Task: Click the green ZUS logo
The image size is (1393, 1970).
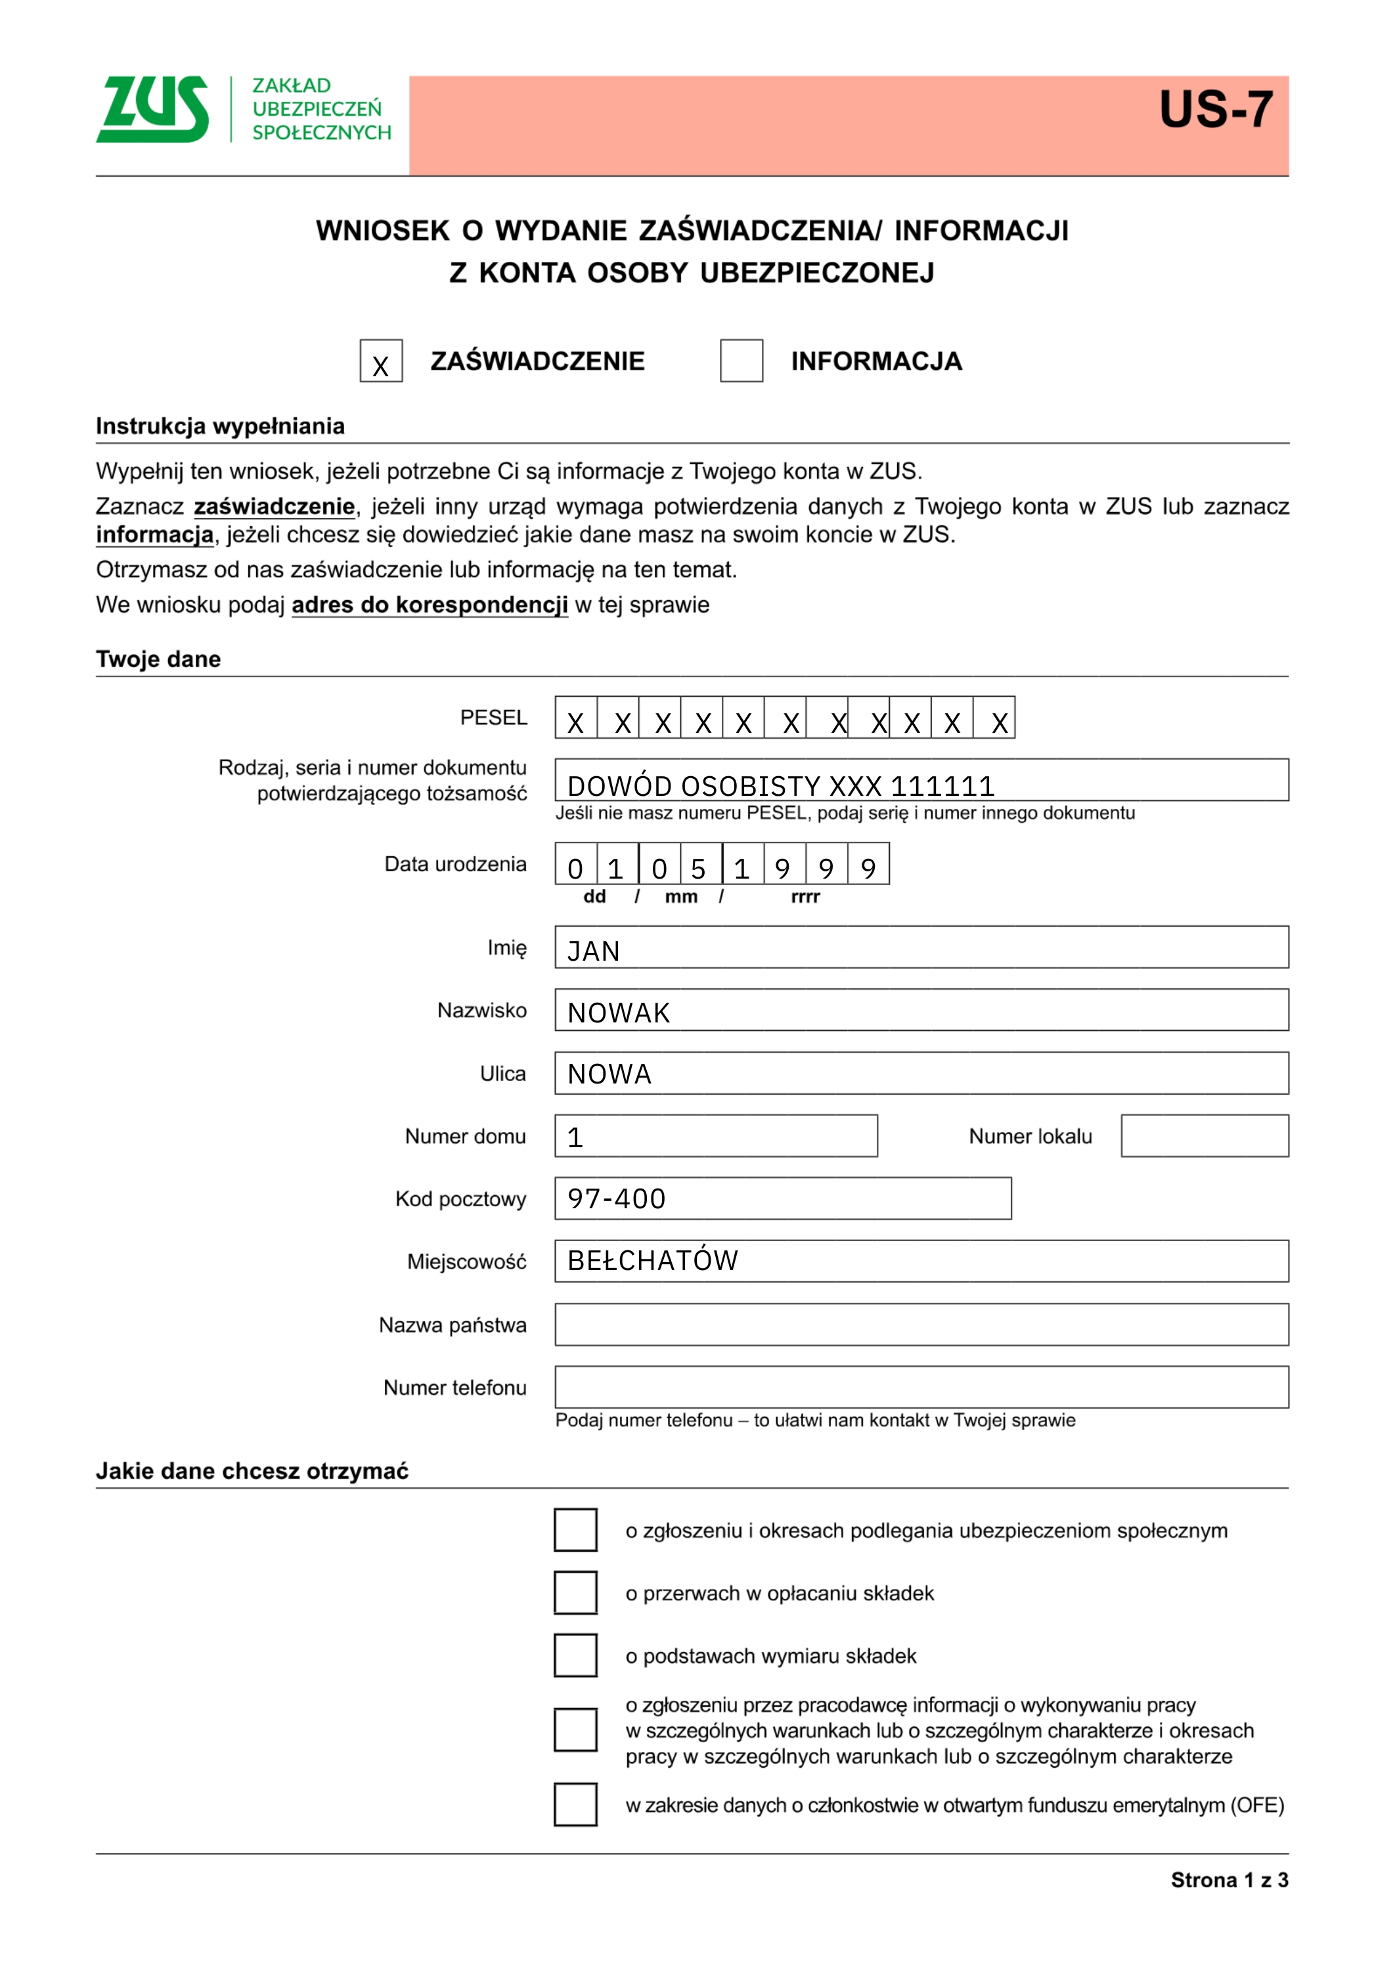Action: pos(153,109)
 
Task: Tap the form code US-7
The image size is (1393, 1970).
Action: pos(1215,110)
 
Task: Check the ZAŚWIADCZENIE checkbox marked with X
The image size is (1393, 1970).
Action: pos(381,361)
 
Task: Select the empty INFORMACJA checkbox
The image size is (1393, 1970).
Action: pos(741,361)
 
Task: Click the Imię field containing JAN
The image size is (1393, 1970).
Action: pos(921,948)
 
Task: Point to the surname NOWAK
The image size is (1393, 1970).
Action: pos(619,1013)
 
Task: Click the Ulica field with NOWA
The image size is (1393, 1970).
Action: pos(921,1074)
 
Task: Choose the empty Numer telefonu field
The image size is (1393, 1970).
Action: pos(921,1388)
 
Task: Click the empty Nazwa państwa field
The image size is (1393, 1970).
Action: pos(921,1324)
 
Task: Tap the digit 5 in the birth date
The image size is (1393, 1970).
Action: pos(699,867)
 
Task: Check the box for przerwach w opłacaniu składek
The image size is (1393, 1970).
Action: pos(575,1593)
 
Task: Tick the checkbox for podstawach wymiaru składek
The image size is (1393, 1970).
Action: pos(575,1656)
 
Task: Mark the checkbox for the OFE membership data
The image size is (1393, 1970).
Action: pos(575,1805)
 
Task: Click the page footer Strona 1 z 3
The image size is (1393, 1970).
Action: pos(1229,1880)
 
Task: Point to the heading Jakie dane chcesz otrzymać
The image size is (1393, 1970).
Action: pos(252,1471)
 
